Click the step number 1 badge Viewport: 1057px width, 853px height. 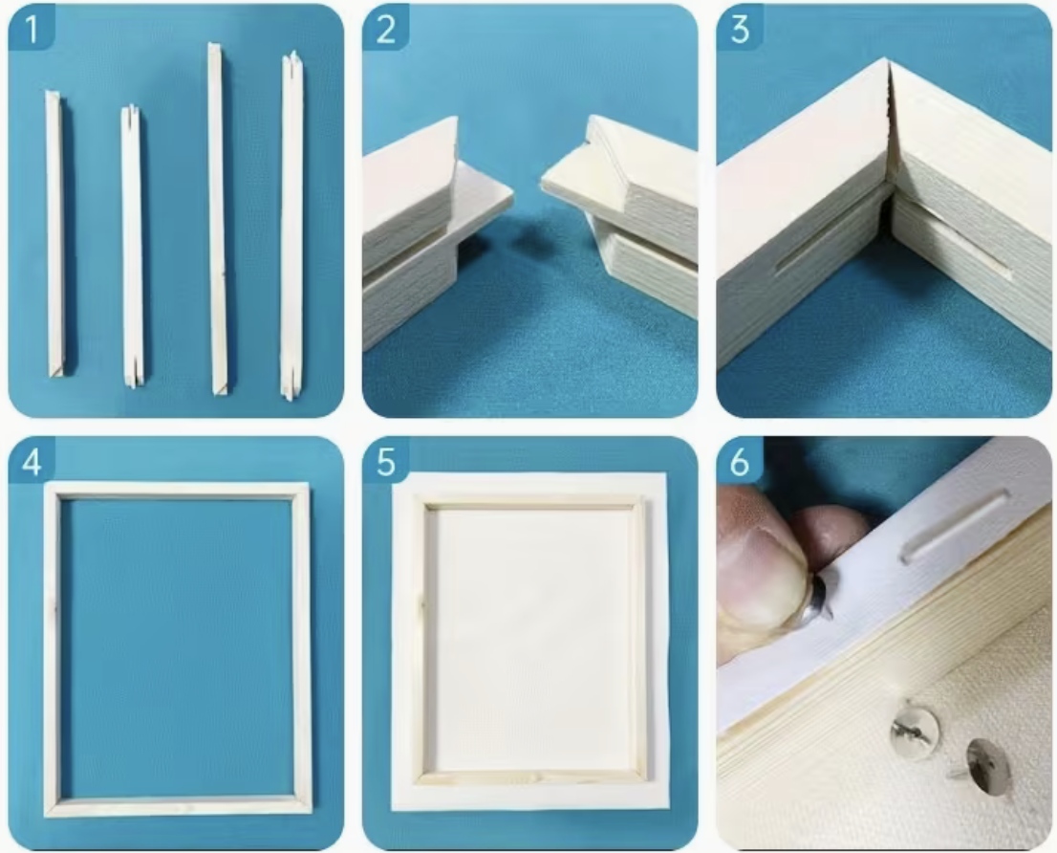point(31,29)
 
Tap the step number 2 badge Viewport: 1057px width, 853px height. point(385,29)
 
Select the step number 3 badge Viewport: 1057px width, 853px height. point(740,29)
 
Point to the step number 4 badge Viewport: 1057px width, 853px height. point(31,461)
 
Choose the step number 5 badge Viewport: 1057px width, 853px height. point(385,461)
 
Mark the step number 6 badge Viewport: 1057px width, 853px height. point(740,461)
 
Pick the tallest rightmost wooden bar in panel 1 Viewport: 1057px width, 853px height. point(291,226)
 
